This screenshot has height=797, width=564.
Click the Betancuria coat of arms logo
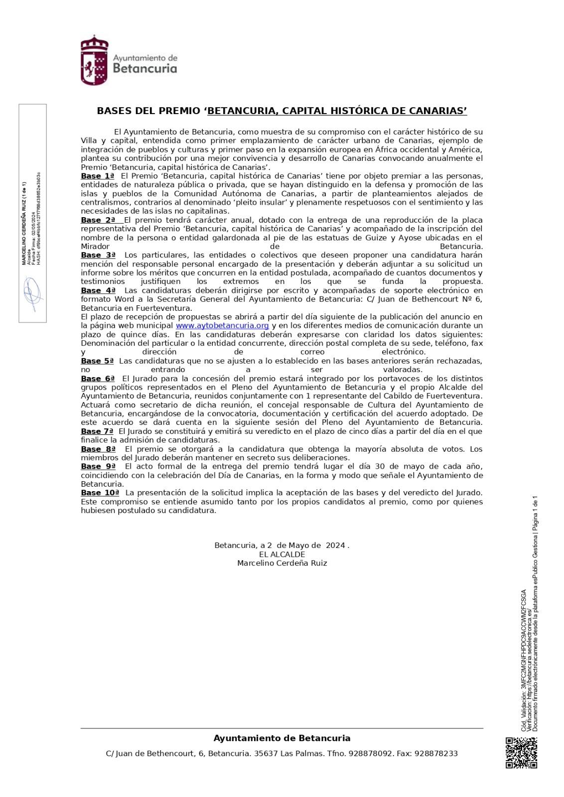pos(94,60)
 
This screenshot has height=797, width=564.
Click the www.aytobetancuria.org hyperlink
pos(222,325)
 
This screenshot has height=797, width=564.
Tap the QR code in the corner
pos(521,753)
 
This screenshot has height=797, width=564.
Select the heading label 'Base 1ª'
pos(98,176)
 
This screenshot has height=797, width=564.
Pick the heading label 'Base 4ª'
pos(98,290)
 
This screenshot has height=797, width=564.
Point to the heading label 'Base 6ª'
pos(98,379)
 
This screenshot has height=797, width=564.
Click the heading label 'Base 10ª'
pos(100,493)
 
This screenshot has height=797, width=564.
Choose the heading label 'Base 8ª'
pos(98,449)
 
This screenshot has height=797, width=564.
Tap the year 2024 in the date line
pos(335,545)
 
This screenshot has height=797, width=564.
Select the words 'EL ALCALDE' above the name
pos(282,554)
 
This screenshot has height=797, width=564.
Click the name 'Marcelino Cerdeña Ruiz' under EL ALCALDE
pos(282,563)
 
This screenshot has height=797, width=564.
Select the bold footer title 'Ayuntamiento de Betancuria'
pos(282,738)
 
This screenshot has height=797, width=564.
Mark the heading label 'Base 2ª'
pos(98,220)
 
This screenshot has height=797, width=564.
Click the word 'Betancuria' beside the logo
pos(145,68)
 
